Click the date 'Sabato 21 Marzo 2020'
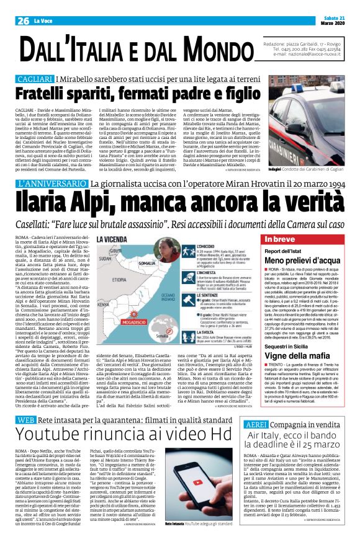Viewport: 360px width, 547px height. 340,6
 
